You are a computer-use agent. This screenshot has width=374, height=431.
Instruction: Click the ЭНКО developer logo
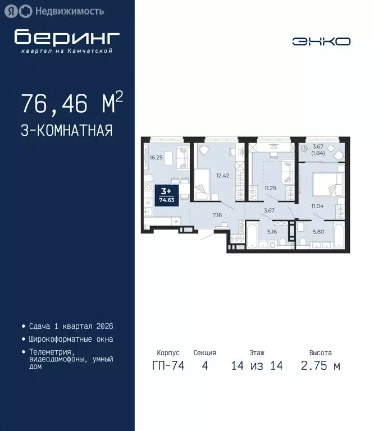[321, 41]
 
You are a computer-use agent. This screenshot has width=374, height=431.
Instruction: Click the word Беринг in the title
[67, 37]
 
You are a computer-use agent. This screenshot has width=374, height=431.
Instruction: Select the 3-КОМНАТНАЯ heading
[66, 131]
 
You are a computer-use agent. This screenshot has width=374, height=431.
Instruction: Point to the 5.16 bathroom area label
[272, 231]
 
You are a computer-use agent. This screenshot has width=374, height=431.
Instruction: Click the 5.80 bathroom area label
[317, 231]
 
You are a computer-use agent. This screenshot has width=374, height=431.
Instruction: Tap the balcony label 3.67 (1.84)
[319, 150]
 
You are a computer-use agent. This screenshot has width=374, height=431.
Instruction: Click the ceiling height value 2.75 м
[320, 366]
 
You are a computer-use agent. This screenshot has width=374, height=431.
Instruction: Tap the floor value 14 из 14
[257, 366]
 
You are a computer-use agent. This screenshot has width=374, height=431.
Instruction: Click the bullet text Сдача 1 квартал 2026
[71, 326]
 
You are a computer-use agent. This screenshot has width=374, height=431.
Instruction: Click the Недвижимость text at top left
[69, 10]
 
